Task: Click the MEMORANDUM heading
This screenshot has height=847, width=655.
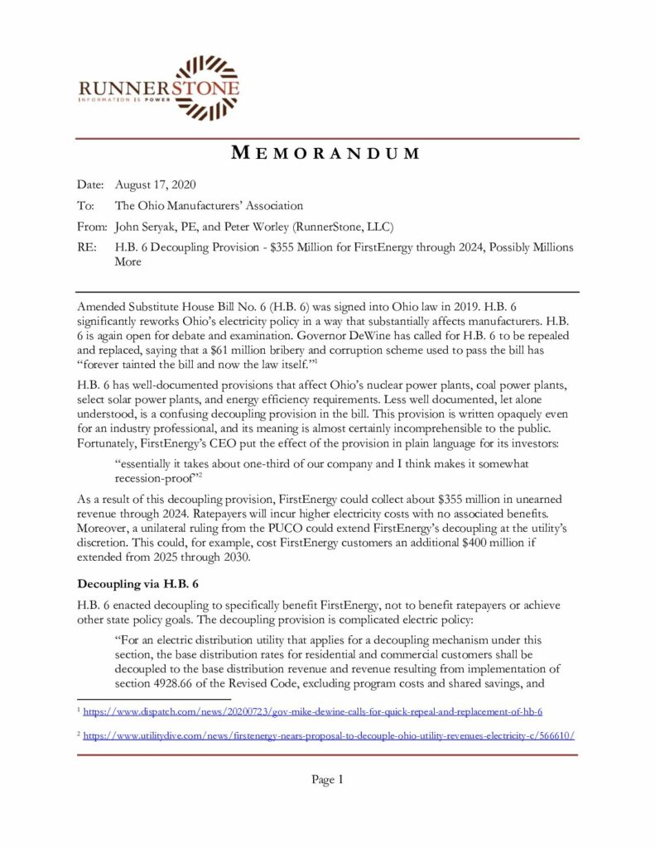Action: coord(326,153)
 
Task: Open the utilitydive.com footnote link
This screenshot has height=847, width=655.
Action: coord(330,735)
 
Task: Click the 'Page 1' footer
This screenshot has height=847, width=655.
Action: coord(327,779)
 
